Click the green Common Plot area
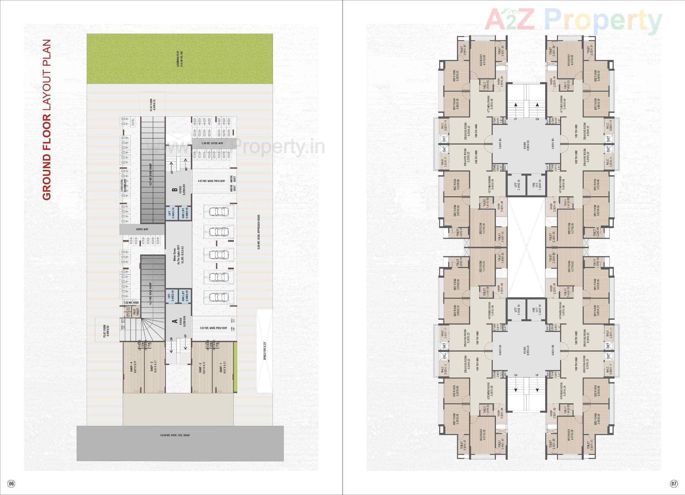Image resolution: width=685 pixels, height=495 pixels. [x=180, y=59]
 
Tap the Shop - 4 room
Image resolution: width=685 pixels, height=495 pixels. [x=133, y=368]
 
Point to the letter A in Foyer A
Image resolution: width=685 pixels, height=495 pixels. [x=175, y=321]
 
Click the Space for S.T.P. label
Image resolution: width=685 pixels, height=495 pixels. [x=265, y=351]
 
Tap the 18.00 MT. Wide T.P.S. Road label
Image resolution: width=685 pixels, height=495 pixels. [x=175, y=435]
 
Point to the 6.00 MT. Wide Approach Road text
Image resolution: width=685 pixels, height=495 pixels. [x=259, y=232]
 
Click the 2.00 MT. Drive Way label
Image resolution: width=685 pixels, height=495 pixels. [x=212, y=143]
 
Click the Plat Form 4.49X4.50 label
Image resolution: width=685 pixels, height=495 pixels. [x=106, y=331]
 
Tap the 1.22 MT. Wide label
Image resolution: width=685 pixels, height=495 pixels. [x=131, y=302]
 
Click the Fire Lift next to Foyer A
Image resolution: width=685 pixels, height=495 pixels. [x=185, y=296]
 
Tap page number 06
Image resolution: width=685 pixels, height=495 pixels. [x=11, y=484]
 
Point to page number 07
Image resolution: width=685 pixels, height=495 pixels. [x=673, y=484]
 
